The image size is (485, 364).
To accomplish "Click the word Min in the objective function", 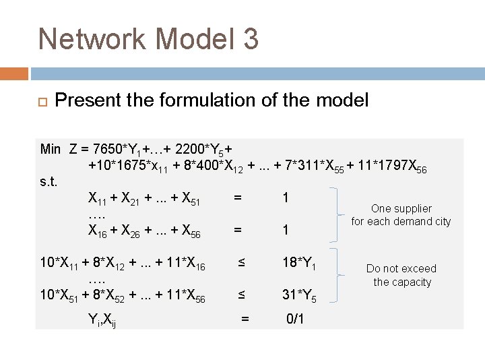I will (x=51, y=148).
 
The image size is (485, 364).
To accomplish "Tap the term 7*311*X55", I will (x=310, y=166).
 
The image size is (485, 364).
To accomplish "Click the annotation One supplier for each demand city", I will (x=401, y=215).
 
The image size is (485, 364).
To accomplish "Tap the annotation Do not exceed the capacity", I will (x=401, y=275).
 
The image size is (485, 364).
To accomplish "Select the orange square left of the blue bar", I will (x=14, y=73).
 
